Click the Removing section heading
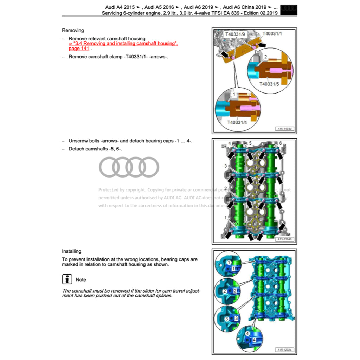click(x=73, y=31)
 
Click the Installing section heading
click(x=71, y=251)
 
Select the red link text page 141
click(x=79, y=49)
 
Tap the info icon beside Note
click(x=67, y=279)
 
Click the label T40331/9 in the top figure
click(x=235, y=34)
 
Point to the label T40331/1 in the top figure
click(x=272, y=33)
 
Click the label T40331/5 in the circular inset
click(x=269, y=84)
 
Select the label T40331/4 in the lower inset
click(x=237, y=122)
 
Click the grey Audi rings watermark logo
click(x=129, y=167)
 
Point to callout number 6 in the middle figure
click(x=281, y=143)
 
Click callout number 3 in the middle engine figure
click(x=225, y=166)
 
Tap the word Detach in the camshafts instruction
click(x=76, y=149)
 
